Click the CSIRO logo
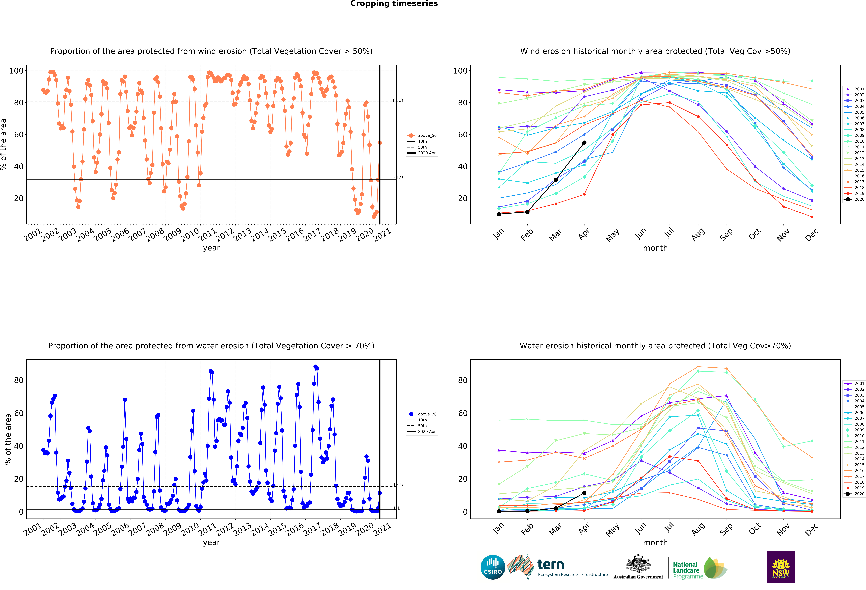(493, 567)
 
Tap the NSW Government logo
(781, 567)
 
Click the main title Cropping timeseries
(394, 4)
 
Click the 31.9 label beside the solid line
(398, 177)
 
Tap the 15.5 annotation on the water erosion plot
(398, 485)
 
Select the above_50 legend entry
(422, 135)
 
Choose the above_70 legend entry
(422, 414)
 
